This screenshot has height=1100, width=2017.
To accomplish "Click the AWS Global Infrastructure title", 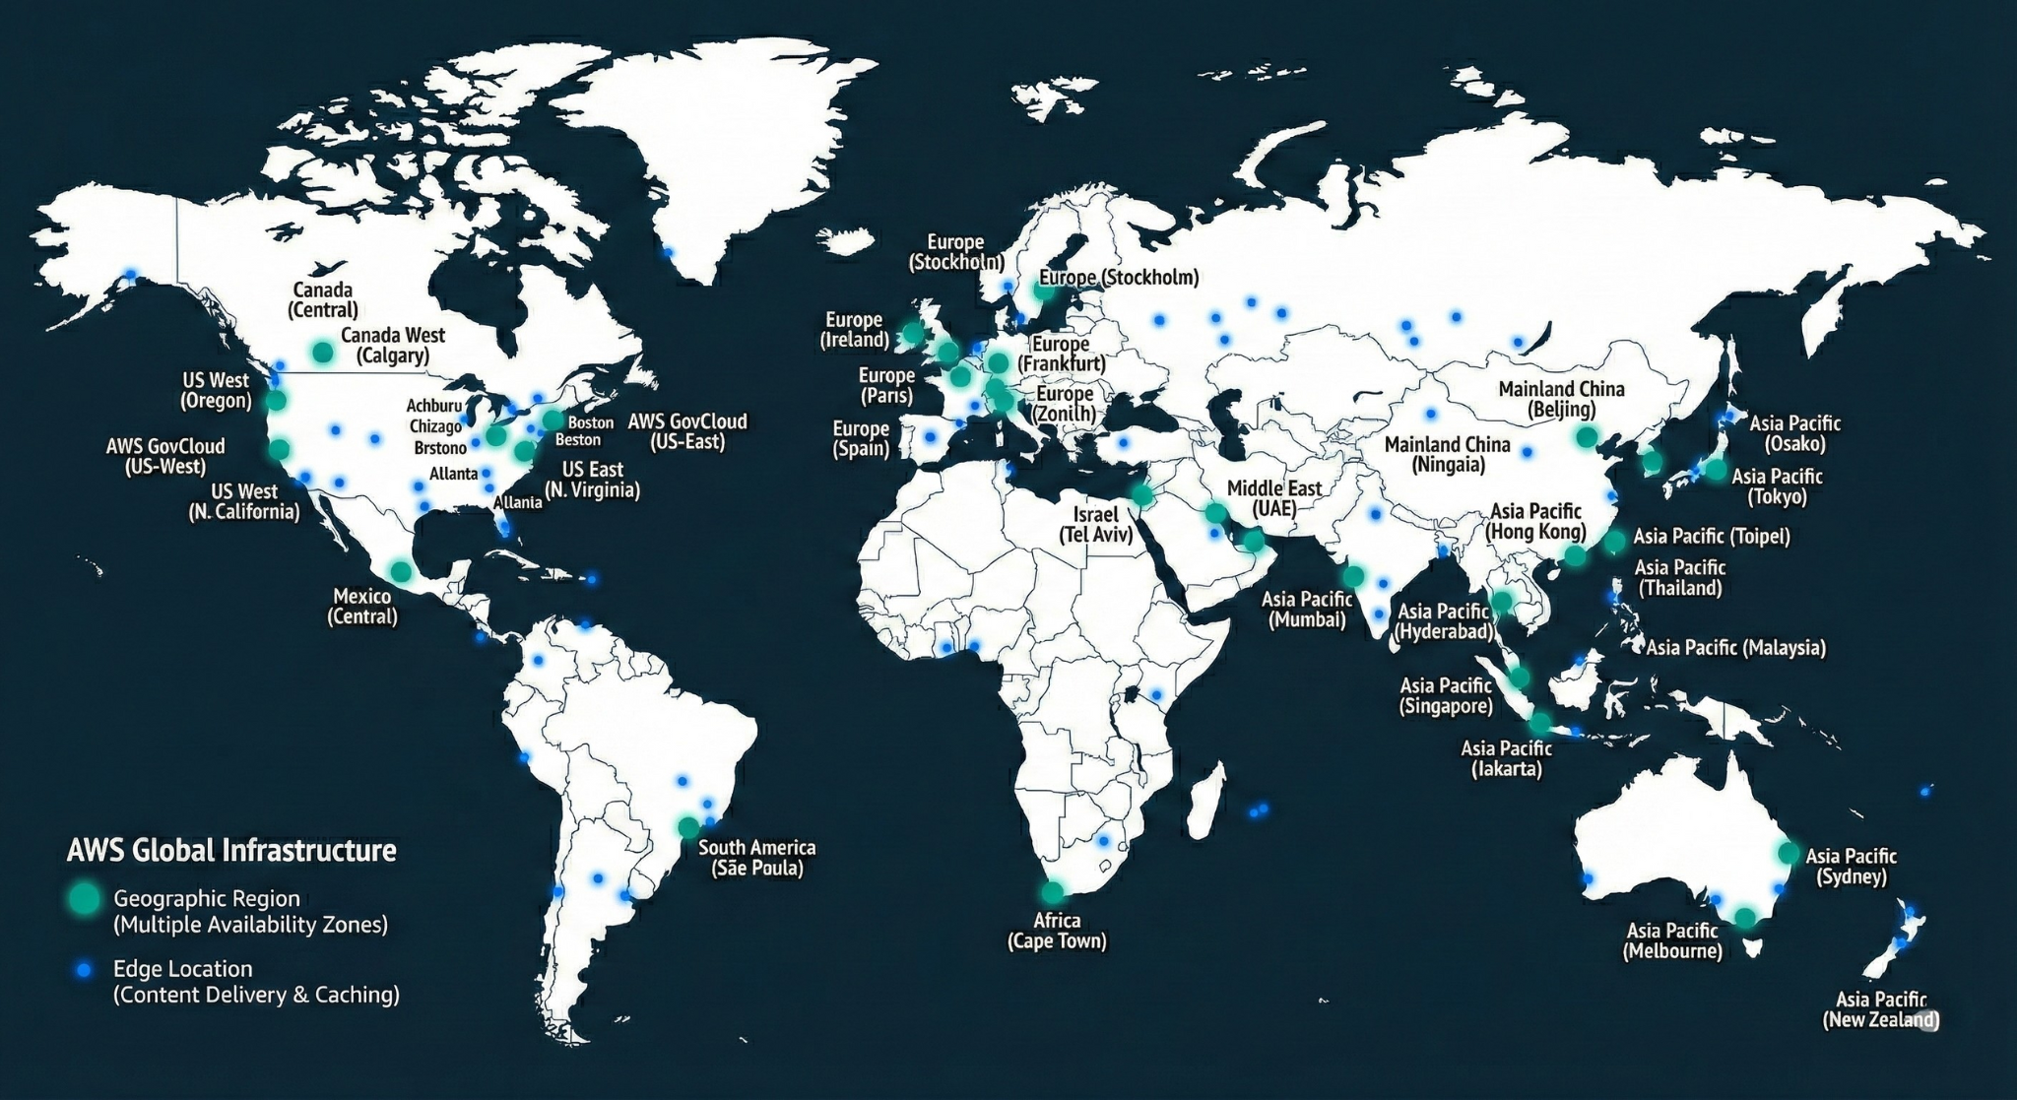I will click(x=231, y=850).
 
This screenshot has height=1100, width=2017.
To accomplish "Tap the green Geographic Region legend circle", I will click(x=85, y=898).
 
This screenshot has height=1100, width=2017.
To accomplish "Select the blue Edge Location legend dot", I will click(x=85, y=970).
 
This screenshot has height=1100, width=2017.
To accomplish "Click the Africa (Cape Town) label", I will click(x=1057, y=931).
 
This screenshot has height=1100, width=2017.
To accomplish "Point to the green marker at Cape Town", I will click(x=1053, y=893).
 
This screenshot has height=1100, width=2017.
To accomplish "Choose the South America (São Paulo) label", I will click(x=756, y=858).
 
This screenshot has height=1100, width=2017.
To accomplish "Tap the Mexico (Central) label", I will click(x=362, y=607).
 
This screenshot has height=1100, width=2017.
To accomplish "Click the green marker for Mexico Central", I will click(x=401, y=571).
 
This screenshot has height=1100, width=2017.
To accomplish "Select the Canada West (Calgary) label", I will click(x=393, y=346).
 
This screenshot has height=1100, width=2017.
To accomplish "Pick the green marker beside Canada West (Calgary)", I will click(x=322, y=352).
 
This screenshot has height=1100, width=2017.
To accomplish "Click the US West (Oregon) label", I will click(x=216, y=390).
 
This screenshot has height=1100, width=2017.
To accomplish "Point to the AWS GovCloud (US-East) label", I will click(x=687, y=431).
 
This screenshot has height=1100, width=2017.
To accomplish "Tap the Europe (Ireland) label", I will click(x=854, y=330).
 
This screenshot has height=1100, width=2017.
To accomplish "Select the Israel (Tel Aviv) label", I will click(x=1095, y=525).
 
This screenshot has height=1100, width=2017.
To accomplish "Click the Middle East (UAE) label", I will click(x=1274, y=498).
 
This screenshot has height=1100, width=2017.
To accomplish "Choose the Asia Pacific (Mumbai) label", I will click(x=1307, y=610).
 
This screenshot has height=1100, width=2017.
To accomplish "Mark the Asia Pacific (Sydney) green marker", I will click(x=1788, y=853).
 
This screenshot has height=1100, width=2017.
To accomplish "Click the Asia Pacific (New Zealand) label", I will click(x=1880, y=1009).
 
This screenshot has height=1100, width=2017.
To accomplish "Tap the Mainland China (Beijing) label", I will click(x=1561, y=399).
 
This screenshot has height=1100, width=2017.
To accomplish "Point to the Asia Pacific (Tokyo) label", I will click(x=1777, y=486).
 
